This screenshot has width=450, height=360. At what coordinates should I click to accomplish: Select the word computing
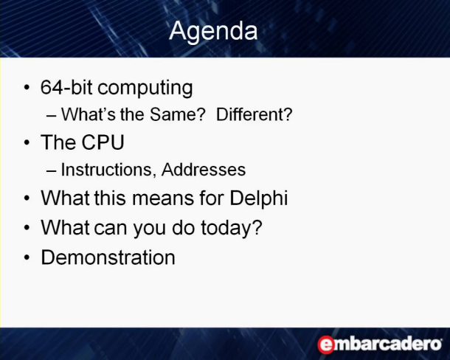pos(145,89)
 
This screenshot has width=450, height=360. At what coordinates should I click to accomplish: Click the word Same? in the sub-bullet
pos(178,114)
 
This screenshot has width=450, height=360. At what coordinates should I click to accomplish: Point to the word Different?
pos(255,114)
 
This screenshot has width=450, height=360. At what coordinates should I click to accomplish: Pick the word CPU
pos(103,142)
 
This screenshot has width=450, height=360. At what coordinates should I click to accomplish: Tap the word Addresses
pos(204,170)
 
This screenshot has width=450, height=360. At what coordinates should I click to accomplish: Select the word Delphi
pos(259,198)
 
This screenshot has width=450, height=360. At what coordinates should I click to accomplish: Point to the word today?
pos(232,229)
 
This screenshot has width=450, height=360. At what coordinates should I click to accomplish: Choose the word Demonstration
pos(108,257)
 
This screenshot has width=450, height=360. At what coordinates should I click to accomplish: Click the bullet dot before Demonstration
pos(27,257)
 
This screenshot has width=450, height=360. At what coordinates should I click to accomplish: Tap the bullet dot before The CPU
pos(27,142)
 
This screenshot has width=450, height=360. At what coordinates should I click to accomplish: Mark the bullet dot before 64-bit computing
pos(27,87)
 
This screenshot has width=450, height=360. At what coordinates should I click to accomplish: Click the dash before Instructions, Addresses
pos(51,170)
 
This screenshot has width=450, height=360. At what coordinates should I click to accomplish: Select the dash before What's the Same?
pos(51,115)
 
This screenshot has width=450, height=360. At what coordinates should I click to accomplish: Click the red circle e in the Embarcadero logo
pos(326,345)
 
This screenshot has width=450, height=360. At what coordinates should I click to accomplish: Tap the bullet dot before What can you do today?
pos(27,228)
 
